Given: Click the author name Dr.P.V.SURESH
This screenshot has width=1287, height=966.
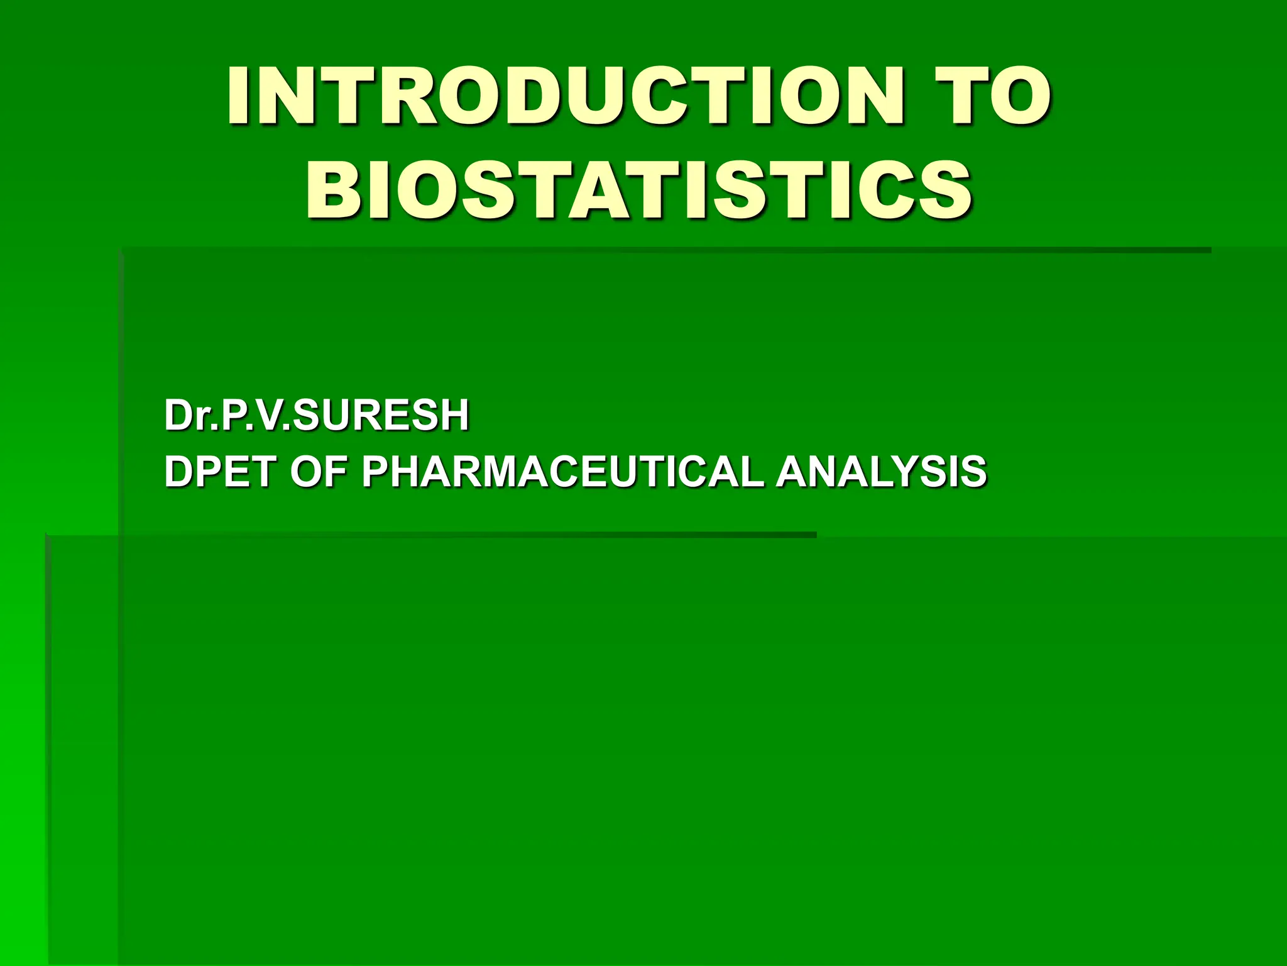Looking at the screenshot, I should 317,416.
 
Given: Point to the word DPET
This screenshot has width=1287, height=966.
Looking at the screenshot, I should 221,472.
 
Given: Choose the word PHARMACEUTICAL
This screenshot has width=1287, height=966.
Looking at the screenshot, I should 563,472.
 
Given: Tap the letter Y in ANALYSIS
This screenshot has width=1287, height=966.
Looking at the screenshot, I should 905,472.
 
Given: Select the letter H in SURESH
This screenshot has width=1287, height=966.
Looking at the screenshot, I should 455,416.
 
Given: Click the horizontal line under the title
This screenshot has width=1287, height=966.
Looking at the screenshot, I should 666,250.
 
